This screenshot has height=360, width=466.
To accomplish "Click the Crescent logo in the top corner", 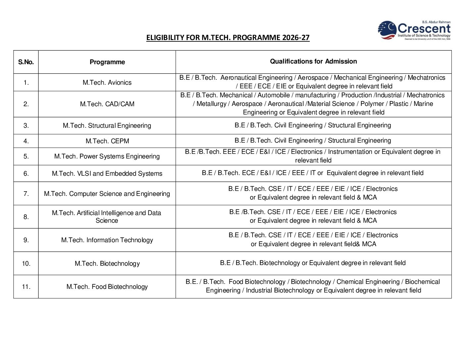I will pyautogui.click(x=414, y=30).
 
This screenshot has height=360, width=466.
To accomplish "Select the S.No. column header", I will pyautogui.click(x=26, y=62).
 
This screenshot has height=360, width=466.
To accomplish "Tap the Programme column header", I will pyautogui.click(x=107, y=62).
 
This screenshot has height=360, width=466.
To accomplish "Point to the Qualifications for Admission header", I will pyautogui.click(x=313, y=61).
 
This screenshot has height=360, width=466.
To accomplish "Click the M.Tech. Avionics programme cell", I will pyautogui.click(x=107, y=82).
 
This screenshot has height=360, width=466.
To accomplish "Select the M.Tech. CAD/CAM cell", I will pyautogui.click(x=107, y=104).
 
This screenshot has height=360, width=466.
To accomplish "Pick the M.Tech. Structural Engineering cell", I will pyautogui.click(x=107, y=125).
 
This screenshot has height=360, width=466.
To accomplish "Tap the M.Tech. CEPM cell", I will pyautogui.click(x=107, y=141).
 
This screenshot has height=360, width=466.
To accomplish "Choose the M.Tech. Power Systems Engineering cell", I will pyautogui.click(x=107, y=156).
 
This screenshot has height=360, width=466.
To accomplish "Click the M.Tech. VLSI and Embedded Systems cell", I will pyautogui.click(x=107, y=173).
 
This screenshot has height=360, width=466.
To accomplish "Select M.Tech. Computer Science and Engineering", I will pyautogui.click(x=107, y=194).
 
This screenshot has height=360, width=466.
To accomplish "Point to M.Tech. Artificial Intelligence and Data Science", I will pyautogui.click(x=107, y=216).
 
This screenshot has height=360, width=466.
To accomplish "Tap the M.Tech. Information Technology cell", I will pyautogui.click(x=107, y=240).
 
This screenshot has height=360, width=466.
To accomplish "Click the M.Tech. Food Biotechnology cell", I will pyautogui.click(x=107, y=287).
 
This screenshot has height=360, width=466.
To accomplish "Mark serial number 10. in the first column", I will pyautogui.click(x=26, y=263).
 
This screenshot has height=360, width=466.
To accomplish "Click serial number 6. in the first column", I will pyautogui.click(x=26, y=173).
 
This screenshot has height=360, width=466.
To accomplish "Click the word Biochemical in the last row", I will pyautogui.click(x=422, y=282).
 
